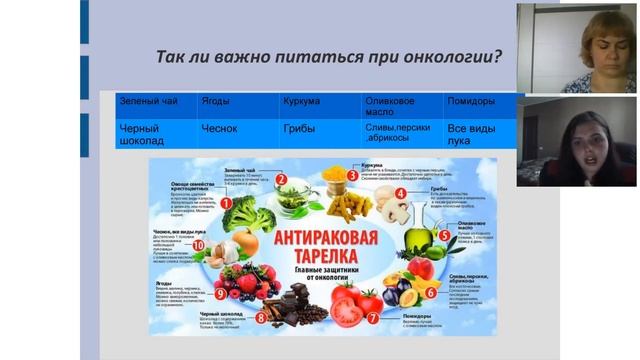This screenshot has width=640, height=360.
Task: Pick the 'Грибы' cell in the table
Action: [299, 128]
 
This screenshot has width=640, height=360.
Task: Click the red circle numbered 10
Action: [198, 245]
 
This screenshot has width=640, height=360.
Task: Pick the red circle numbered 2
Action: [282, 180]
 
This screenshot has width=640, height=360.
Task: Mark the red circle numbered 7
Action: [372, 317]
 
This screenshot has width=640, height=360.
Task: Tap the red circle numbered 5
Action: [443, 236]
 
